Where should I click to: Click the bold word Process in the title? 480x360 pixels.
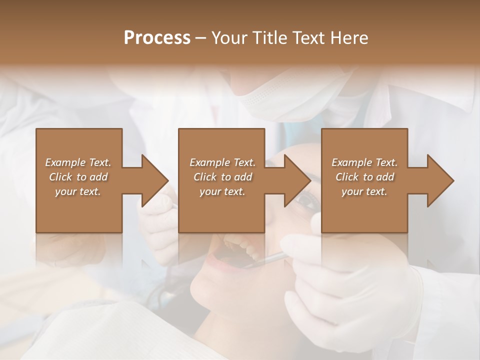157,38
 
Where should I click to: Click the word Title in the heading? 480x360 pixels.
270,38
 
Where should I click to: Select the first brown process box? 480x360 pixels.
79,210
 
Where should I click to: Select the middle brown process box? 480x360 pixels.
221,210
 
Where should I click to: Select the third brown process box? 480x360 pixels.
364,210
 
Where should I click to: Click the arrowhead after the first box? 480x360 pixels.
153,180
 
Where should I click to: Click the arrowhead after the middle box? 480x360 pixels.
296,180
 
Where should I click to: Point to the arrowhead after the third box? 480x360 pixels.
439,180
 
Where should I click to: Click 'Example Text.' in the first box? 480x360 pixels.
78,162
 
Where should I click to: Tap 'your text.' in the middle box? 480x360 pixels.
222,191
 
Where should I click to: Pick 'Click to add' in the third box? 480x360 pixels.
364,177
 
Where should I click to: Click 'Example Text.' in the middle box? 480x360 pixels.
222,162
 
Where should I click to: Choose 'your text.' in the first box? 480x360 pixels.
78,191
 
